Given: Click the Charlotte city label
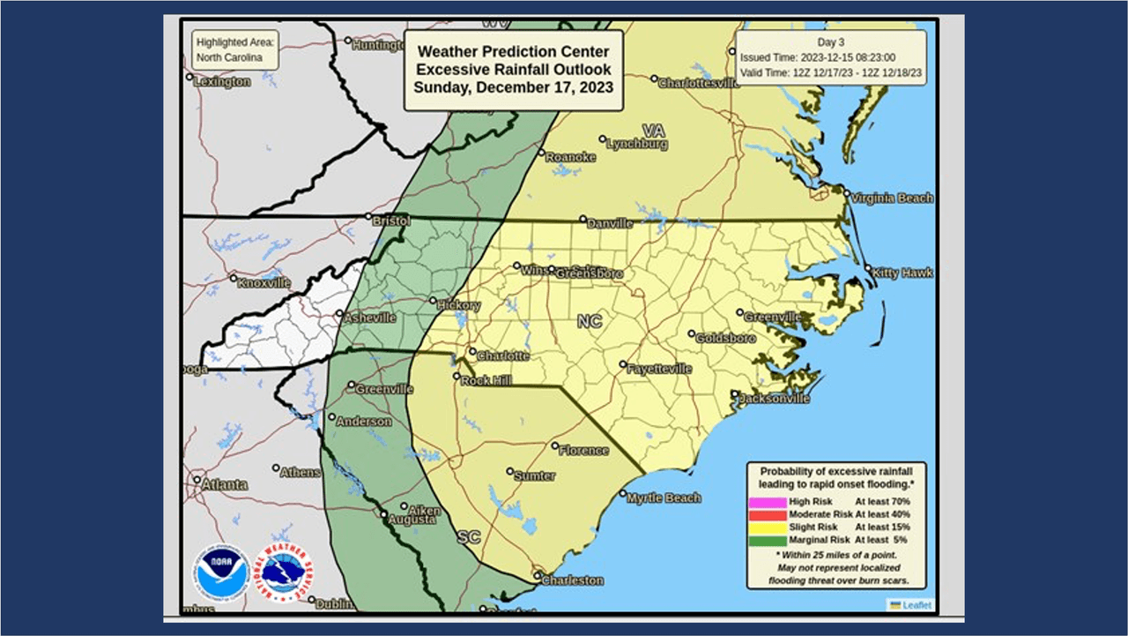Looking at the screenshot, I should tap(503, 355).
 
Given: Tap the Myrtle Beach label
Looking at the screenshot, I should tap(664, 498).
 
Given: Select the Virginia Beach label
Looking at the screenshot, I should tap(892, 198).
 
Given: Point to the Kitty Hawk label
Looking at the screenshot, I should tap(902, 273).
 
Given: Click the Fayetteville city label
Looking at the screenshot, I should tap(659, 370).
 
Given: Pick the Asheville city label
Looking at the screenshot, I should tap(370, 318).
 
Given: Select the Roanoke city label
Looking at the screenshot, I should tap(570, 157).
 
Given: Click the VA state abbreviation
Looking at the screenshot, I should tap(653, 131).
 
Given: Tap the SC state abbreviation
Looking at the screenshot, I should tap(468, 536).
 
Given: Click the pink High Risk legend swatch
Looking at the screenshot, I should tap(767, 501).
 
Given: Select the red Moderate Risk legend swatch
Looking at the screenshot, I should tap(767, 513).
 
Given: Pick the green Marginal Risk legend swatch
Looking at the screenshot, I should tap(767, 539).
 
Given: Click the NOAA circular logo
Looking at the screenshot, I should tap(221, 572).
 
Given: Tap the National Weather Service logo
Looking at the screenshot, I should tap(284, 572).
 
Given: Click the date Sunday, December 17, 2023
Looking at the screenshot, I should tap(513, 87).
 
